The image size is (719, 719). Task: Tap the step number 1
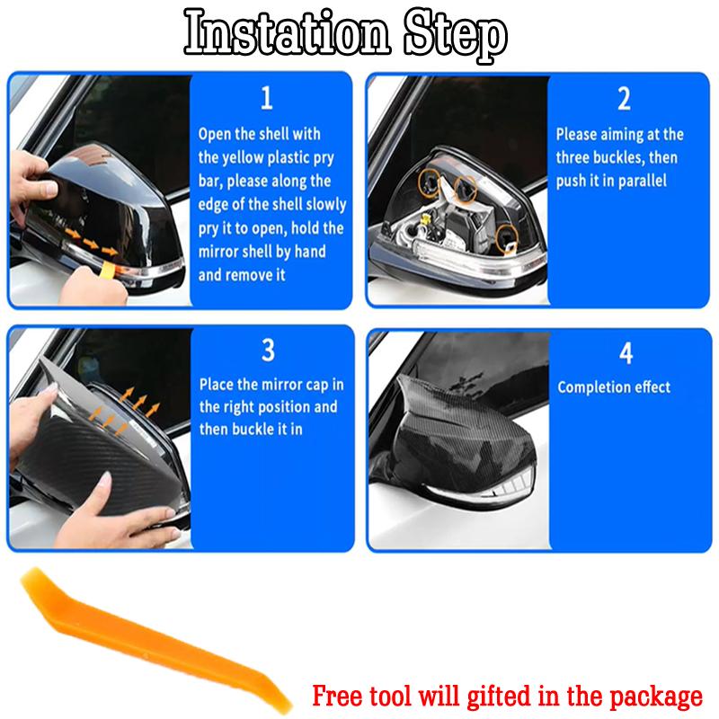click(266, 98)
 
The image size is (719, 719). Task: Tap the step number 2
click(624, 98)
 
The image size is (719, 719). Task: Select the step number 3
click(267, 350)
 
